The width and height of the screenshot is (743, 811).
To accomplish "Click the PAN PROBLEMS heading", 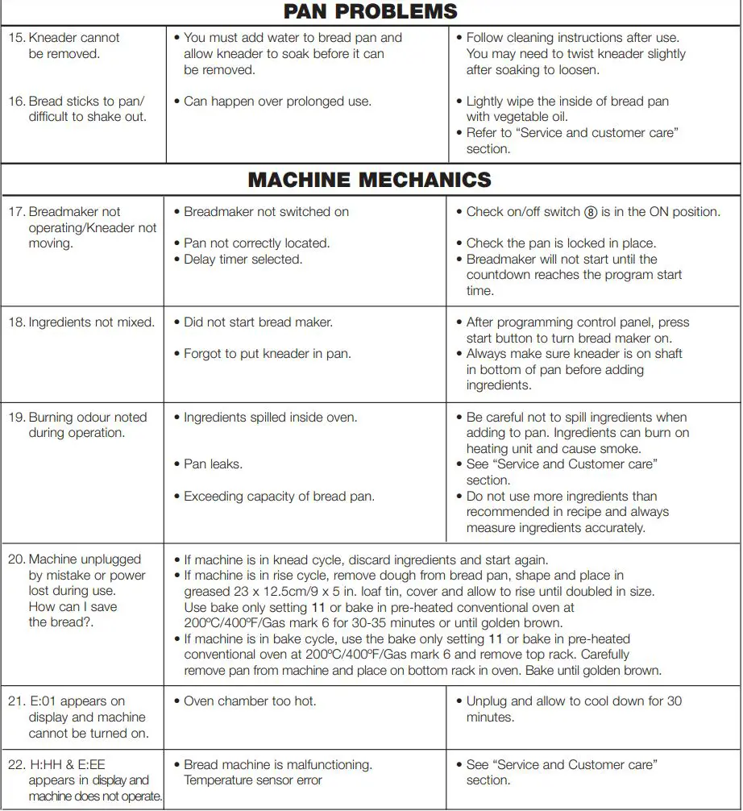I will [x=371, y=11].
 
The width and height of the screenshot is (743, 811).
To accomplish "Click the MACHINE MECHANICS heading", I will [x=370, y=179].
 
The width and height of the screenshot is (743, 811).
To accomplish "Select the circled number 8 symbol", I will [x=591, y=212].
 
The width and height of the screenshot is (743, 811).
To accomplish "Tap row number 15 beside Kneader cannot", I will [x=16, y=38].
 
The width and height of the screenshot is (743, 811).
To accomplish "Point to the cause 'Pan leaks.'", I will [x=213, y=464].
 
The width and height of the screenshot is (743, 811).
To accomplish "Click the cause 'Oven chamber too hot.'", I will [x=250, y=701].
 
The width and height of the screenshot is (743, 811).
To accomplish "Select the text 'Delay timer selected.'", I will [x=243, y=260].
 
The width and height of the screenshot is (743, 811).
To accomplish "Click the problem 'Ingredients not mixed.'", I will [x=91, y=322].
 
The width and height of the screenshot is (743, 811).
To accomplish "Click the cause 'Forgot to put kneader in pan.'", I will [x=267, y=354].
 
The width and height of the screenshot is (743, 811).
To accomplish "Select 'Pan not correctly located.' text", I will [x=256, y=243].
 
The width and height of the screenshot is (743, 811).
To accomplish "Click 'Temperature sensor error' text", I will [x=252, y=780].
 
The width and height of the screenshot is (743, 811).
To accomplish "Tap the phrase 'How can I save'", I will [x=73, y=607].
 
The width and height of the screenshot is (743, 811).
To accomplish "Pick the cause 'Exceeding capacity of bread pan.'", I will [x=279, y=497].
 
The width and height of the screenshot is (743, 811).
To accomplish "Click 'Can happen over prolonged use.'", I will [x=277, y=102].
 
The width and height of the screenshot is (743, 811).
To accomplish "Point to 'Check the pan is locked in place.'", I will [x=561, y=243].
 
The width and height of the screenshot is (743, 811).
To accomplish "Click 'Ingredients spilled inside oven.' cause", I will [x=270, y=418].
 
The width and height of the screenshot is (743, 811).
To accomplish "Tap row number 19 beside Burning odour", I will [x=16, y=418].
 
